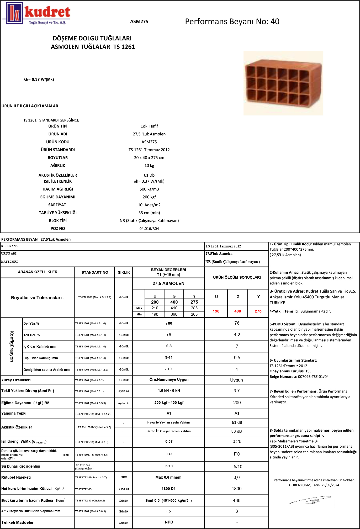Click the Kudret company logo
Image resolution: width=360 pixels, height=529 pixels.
[x=37, y=13]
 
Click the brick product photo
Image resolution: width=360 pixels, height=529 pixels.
[x=283, y=83]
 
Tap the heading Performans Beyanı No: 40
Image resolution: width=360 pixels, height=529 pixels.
[x=232, y=22]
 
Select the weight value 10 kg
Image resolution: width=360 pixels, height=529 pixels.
[x=149, y=166]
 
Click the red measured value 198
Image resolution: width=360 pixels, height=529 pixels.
[x=216, y=311]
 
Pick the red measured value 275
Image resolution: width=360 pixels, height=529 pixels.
[x=258, y=311]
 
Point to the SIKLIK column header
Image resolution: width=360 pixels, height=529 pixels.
[x=124, y=272]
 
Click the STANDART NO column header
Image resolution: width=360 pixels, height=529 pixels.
[x=95, y=272]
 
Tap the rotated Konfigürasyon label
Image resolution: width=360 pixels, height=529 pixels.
[x=12, y=346]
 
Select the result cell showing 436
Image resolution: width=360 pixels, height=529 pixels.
[x=236, y=500]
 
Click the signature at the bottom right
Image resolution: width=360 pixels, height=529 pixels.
[x=310, y=500]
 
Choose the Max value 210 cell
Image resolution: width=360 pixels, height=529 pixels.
[x=155, y=308]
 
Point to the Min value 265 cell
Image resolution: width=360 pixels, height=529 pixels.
[x=194, y=314]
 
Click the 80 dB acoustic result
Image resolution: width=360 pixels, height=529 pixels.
[x=236, y=431]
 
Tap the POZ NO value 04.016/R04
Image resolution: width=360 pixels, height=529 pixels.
[x=149, y=229]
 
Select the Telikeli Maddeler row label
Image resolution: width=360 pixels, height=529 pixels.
[x=18, y=522]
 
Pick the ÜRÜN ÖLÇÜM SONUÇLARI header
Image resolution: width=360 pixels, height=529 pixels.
[x=237, y=277]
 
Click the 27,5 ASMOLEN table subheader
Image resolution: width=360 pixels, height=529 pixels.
[x=168, y=283]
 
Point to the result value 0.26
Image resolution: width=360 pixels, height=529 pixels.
[x=237, y=441]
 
